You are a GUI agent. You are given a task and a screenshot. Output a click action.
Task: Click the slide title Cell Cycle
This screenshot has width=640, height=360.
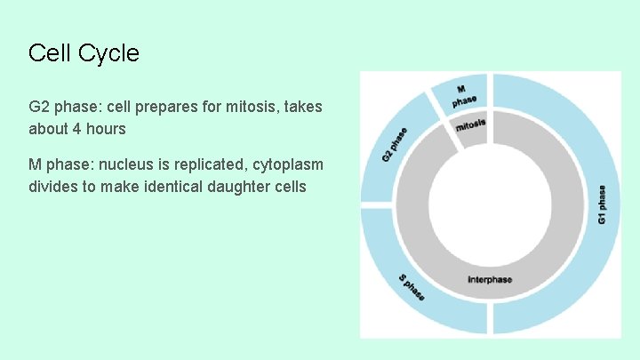pyautogui.click(x=84, y=53)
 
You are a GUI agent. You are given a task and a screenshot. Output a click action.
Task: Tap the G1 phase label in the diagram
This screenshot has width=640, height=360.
pyautogui.click(x=602, y=204)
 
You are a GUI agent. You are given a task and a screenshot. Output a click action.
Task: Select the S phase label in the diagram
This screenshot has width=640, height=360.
pyautogui.click(x=412, y=286)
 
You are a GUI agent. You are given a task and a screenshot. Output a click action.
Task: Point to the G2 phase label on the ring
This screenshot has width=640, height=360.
pyautogui.click(x=395, y=145)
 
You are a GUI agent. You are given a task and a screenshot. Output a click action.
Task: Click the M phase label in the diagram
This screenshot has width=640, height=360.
pyautogui.click(x=463, y=96)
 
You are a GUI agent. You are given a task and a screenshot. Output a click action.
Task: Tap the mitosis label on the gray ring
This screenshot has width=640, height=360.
pyautogui.click(x=470, y=126)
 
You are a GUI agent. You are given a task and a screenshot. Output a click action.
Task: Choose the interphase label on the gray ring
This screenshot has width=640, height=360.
pyautogui.click(x=490, y=281)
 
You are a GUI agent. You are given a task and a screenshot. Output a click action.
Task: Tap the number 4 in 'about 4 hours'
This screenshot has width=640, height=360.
pyautogui.click(x=76, y=129)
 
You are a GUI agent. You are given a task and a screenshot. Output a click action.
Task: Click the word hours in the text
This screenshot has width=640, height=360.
pyautogui.click(x=106, y=129)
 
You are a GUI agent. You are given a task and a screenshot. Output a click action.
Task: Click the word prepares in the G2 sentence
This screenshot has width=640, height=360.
pyautogui.click(x=147, y=107)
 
